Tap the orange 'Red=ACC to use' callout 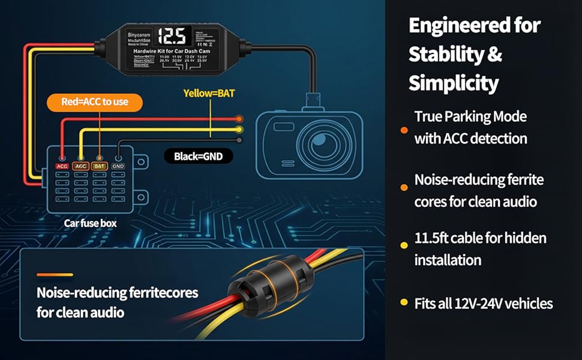click(95, 102)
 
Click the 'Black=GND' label click(199, 157)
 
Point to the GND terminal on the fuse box click(118, 166)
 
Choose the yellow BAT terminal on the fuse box click(100, 166)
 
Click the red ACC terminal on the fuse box click(62, 166)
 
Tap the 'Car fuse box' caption click(91, 224)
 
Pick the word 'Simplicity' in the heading click(454, 83)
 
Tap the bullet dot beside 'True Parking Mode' click(404, 130)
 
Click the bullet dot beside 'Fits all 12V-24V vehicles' click(404, 302)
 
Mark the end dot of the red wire click(239, 119)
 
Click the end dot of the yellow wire click(239, 129)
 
